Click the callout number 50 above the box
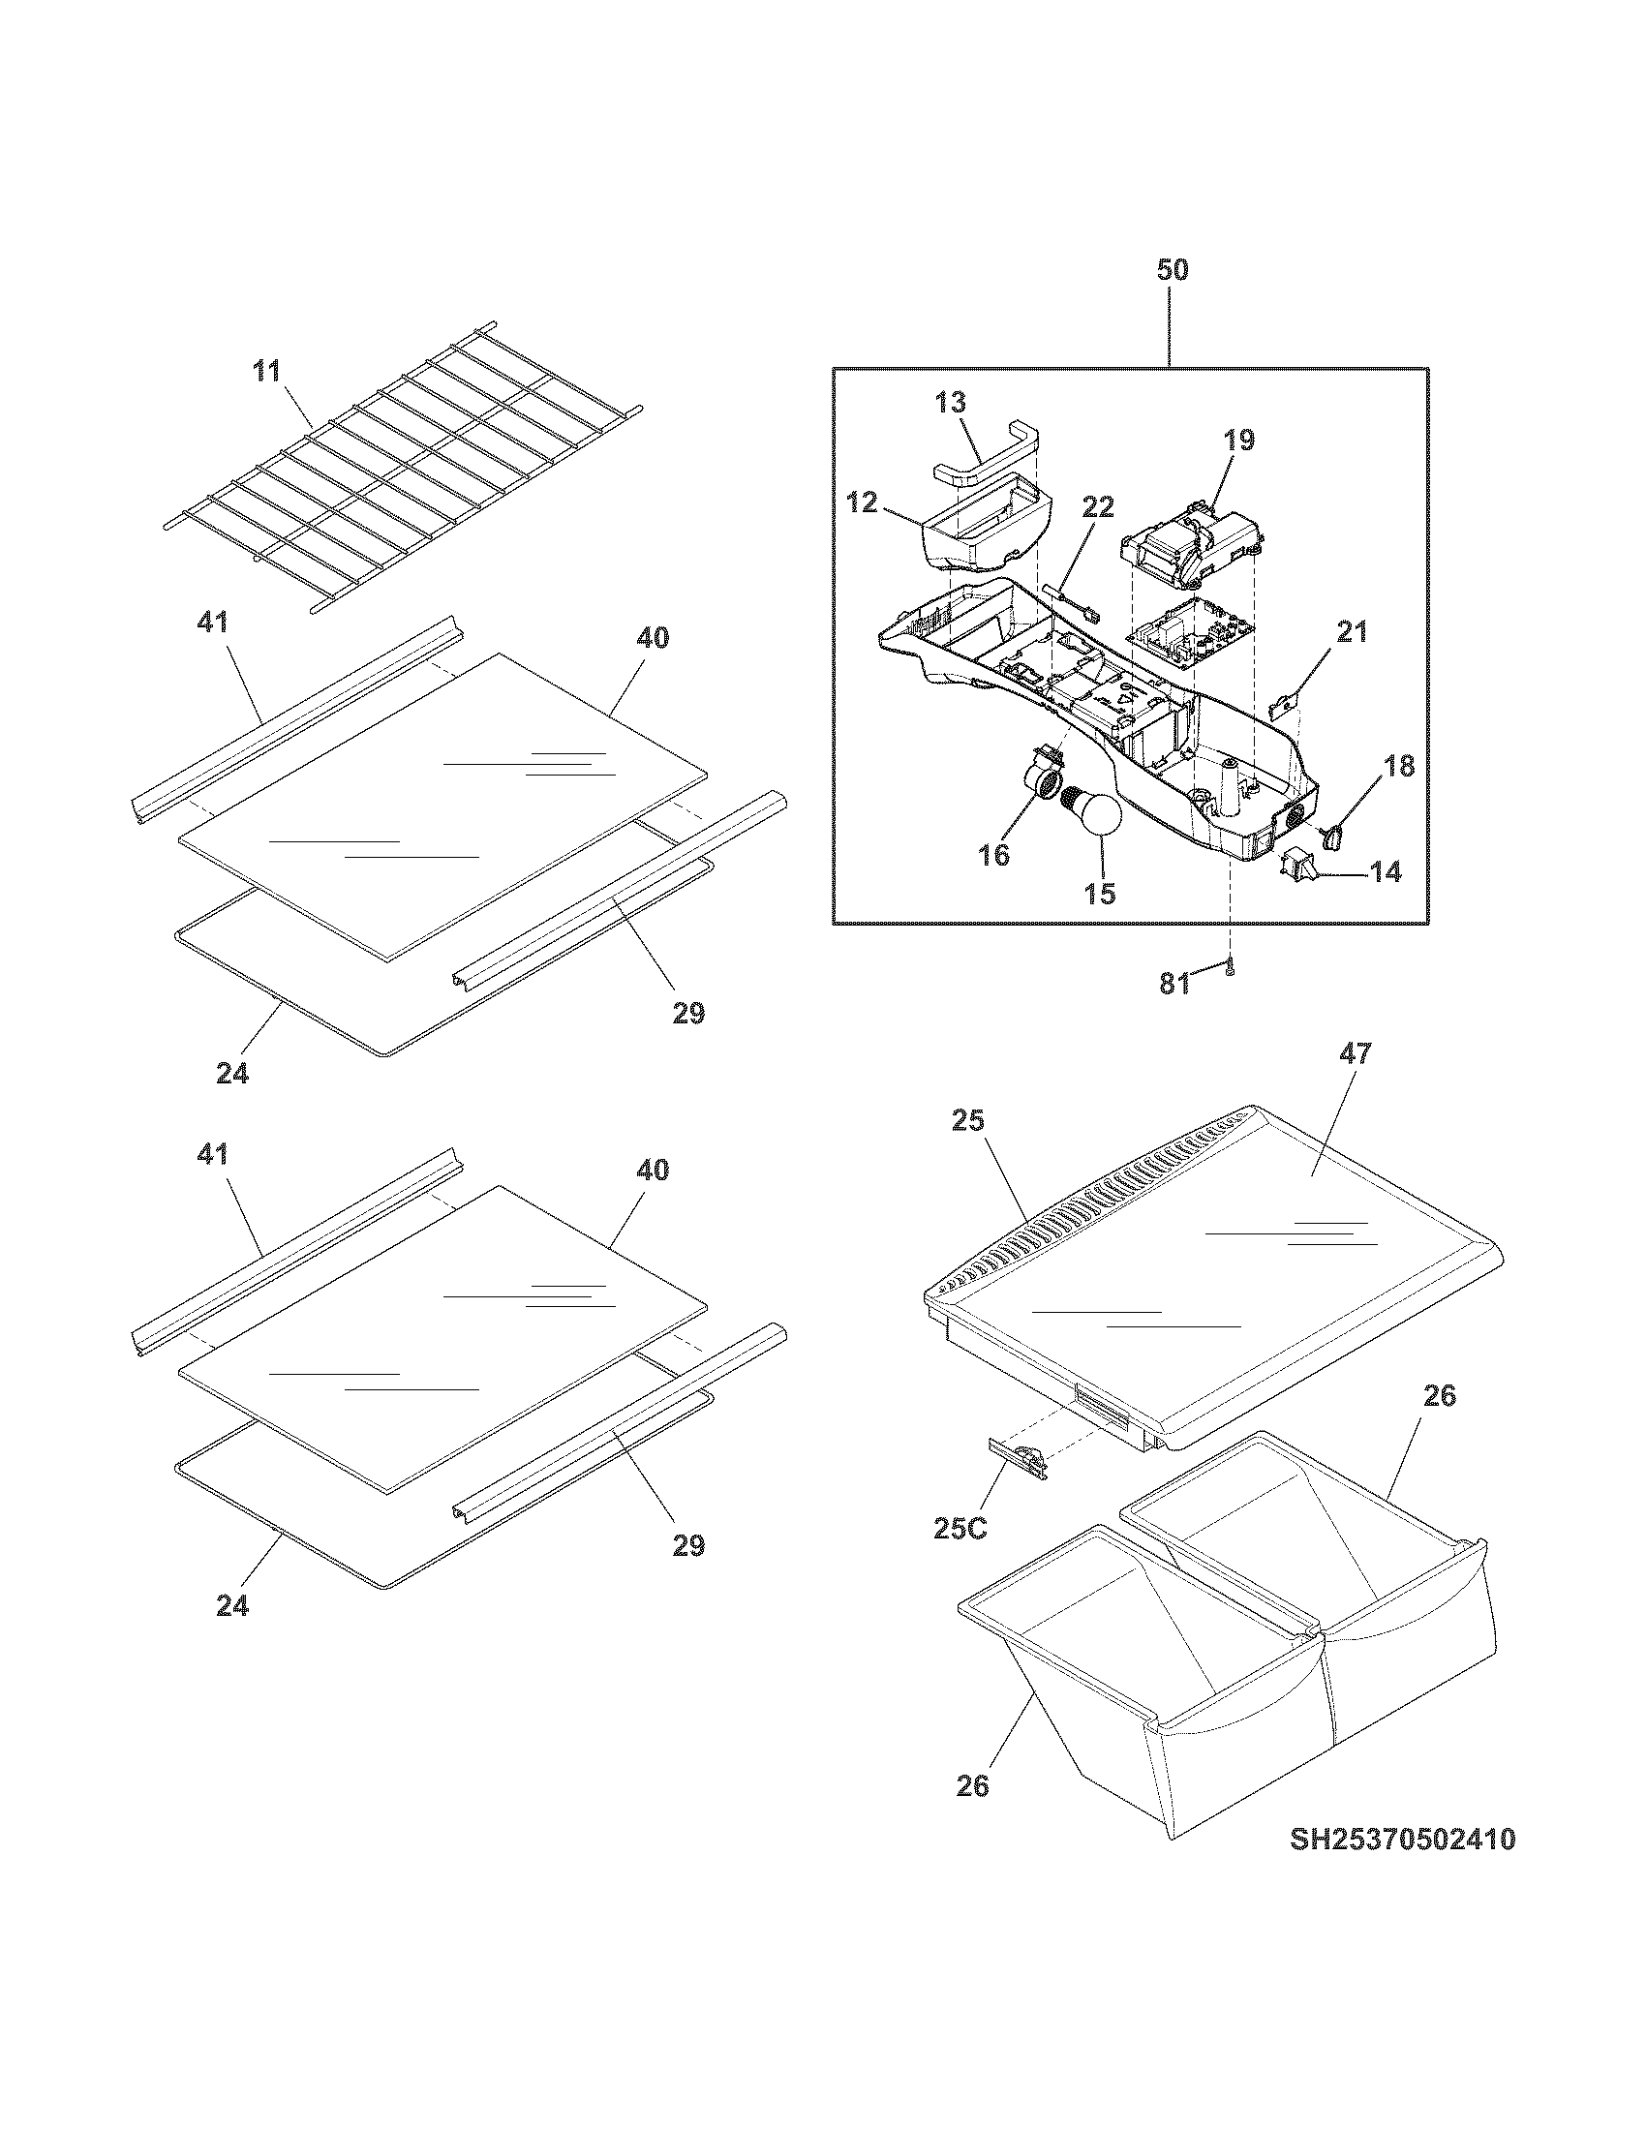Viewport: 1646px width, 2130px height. point(1173,270)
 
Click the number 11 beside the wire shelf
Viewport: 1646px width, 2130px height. point(265,371)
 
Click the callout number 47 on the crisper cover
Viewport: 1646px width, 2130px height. point(1356,1053)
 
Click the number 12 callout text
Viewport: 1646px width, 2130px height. point(862,502)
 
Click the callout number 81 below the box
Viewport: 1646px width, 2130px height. point(1176,985)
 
